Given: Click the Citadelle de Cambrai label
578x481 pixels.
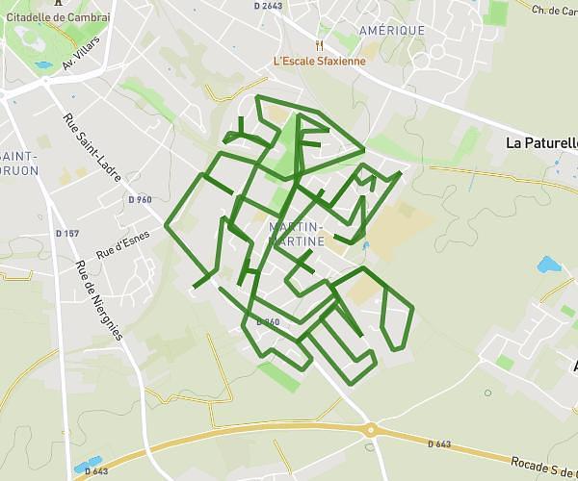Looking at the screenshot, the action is coord(58,17).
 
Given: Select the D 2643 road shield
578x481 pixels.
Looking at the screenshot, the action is coord(269,7).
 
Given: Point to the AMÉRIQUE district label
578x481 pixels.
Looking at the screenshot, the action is coord(391,31).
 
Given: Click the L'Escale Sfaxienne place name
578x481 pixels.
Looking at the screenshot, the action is coord(320,62).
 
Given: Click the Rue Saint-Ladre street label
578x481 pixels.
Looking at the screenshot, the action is coord(88,144).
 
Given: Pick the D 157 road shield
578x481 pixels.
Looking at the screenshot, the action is coord(66,234).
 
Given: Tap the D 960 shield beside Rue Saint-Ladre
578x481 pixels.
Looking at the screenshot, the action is coord(140,200).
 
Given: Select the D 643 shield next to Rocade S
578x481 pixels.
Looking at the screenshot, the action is coord(438,443).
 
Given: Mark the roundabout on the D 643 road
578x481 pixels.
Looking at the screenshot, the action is coord(370,430).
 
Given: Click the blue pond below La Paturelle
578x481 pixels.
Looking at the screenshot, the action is coord(548,265).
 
